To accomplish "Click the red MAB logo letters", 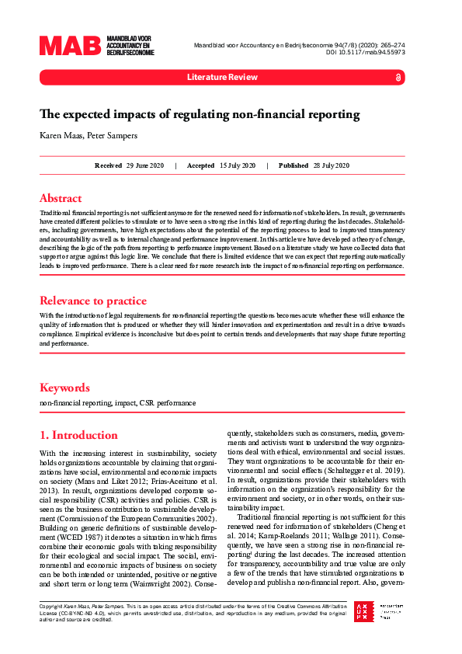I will click(x=71, y=46).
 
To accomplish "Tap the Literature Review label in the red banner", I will click(x=221, y=78).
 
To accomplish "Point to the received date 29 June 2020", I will click(x=145, y=165).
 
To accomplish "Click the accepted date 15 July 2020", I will click(x=238, y=165).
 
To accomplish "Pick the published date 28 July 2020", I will click(x=331, y=165).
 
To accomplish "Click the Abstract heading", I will click(x=61, y=197).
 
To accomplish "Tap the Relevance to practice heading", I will click(x=92, y=301).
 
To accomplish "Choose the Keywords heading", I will click(x=64, y=388).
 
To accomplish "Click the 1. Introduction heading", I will click(x=78, y=435).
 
